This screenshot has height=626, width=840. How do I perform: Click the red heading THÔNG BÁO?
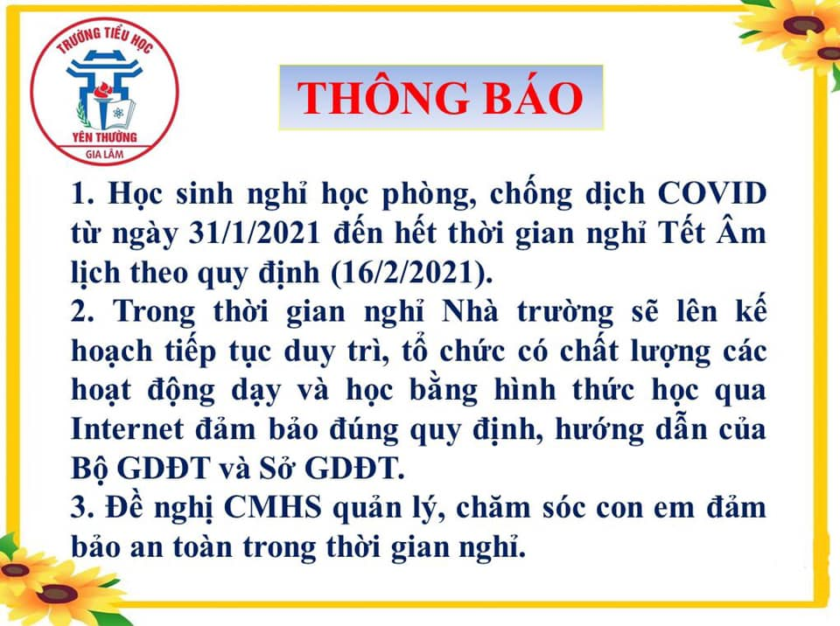coord(440,97)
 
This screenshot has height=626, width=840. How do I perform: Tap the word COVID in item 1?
coord(711,193)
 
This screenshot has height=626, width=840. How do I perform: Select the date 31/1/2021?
coord(254,233)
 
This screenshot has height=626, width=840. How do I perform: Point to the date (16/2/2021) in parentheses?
coord(411,273)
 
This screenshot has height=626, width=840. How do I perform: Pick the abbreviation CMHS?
coord(273,508)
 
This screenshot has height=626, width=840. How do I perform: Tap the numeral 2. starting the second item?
coord(82,312)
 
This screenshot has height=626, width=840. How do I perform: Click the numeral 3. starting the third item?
coord(82,508)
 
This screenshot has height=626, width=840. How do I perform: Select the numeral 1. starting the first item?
coord(82,194)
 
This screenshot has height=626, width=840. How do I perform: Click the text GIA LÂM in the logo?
coord(104,155)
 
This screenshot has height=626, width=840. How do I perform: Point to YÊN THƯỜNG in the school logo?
coord(104,137)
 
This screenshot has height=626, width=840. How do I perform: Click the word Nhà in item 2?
coord(470,311)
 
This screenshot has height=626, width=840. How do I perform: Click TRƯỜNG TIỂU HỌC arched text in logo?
coord(104,38)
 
